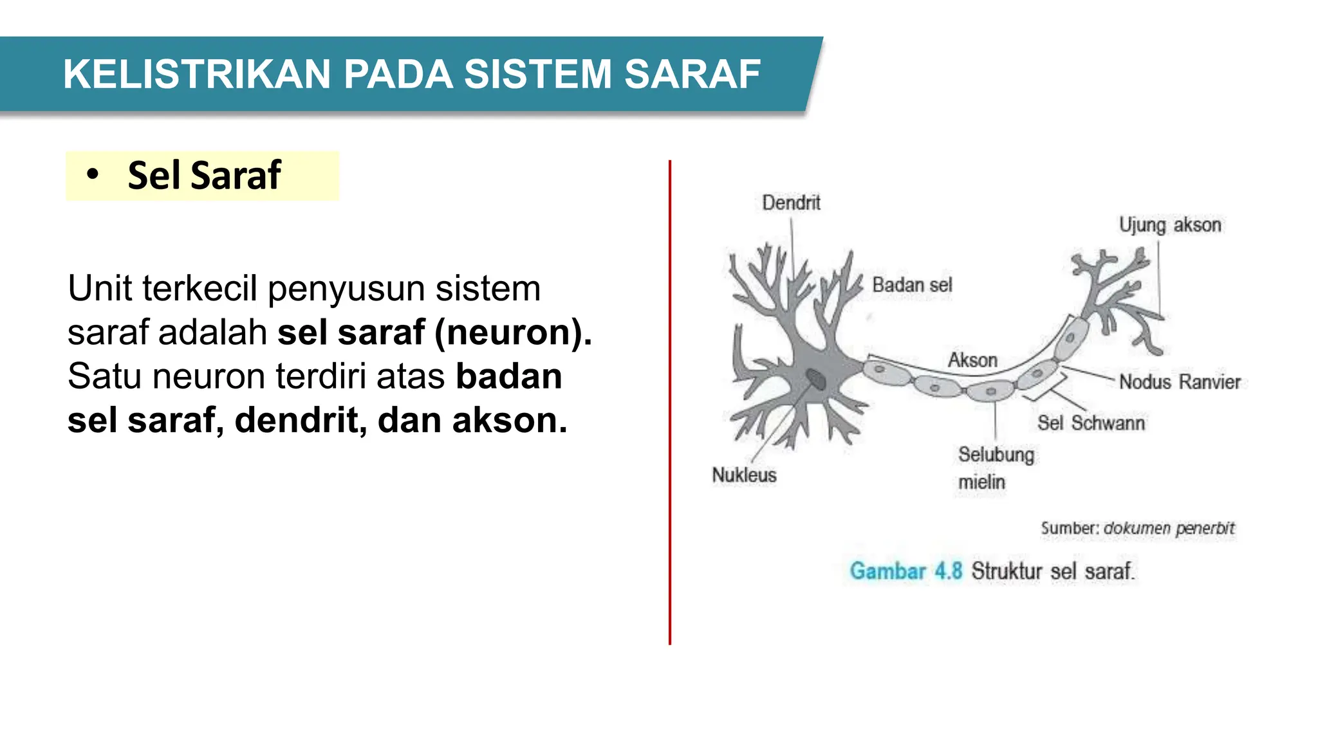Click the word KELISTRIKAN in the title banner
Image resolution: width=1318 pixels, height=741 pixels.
(x=197, y=74)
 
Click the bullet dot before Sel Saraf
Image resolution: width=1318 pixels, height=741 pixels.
(x=93, y=175)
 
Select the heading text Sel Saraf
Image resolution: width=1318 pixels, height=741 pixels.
(x=205, y=175)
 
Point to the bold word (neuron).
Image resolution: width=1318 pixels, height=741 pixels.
(x=513, y=333)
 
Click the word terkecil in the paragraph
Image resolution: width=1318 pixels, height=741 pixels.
(x=200, y=288)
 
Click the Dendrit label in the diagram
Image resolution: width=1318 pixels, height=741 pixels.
(x=791, y=203)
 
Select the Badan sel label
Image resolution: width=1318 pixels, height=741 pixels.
(x=912, y=285)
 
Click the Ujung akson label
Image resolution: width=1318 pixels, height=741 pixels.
(x=1169, y=225)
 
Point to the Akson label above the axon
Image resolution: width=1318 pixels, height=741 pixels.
(x=972, y=360)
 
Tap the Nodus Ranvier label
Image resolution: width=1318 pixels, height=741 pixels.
(x=1179, y=382)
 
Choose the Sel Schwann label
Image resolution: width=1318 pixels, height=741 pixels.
(x=1091, y=423)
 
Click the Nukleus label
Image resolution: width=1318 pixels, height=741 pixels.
(x=744, y=475)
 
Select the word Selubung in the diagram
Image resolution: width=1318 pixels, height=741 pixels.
(x=996, y=455)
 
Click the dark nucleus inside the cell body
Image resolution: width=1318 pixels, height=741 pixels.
(x=816, y=379)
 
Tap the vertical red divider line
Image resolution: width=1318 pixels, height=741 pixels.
(x=670, y=402)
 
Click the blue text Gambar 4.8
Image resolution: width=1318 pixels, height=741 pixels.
(x=905, y=571)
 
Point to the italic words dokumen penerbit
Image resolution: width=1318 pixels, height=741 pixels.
(x=1169, y=529)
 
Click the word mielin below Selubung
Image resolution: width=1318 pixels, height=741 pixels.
(x=981, y=482)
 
